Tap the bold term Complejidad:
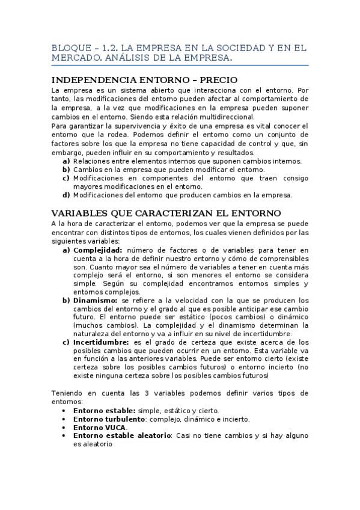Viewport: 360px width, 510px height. tap(97, 250)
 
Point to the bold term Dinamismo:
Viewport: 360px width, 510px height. tap(96, 300)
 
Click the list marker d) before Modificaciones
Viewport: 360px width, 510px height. tap(66, 195)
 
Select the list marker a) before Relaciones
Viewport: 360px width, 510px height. tap(66, 161)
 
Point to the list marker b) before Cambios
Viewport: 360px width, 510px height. tap(66, 170)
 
